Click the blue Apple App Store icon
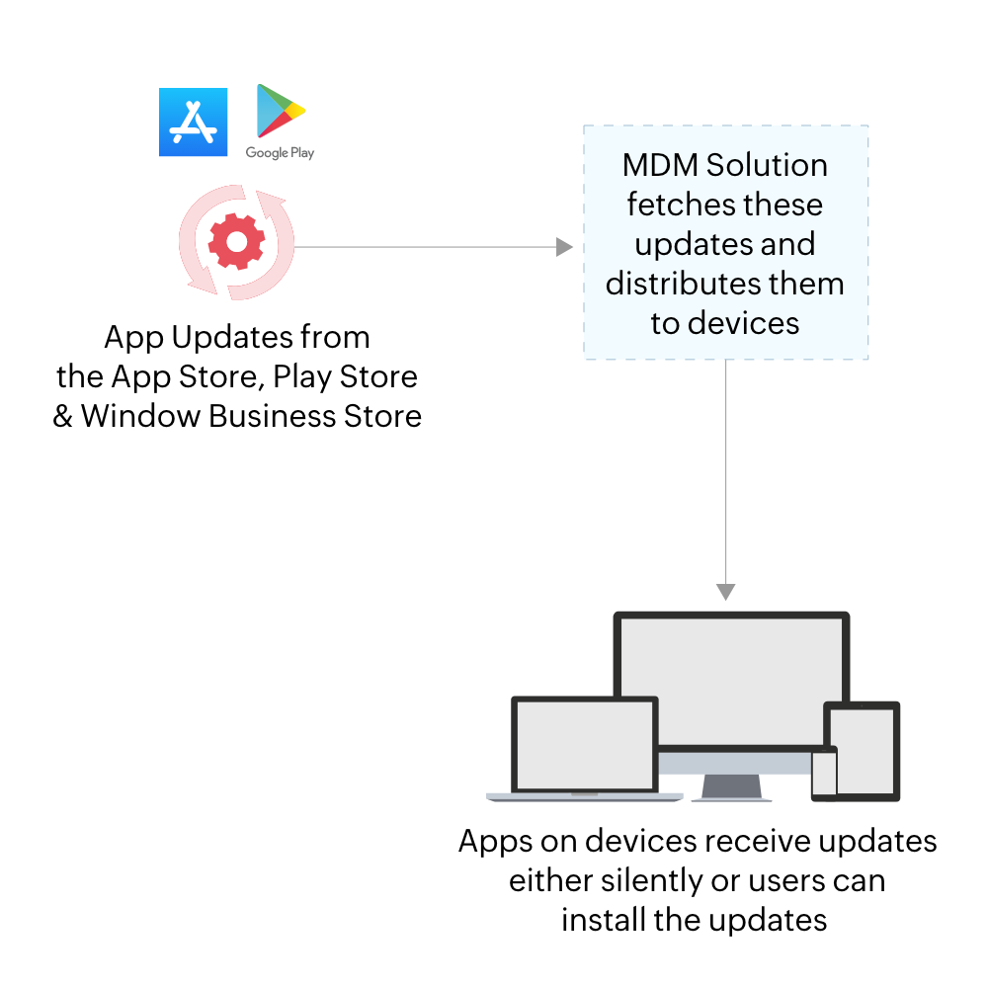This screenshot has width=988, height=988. [193, 122]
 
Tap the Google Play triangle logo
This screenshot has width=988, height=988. [280, 111]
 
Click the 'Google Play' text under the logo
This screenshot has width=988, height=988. [280, 153]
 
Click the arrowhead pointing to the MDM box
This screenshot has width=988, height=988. [565, 246]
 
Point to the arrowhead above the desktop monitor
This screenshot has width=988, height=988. [726, 592]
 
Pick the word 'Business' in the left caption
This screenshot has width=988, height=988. [268, 416]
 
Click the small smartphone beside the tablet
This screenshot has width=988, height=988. [824, 774]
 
